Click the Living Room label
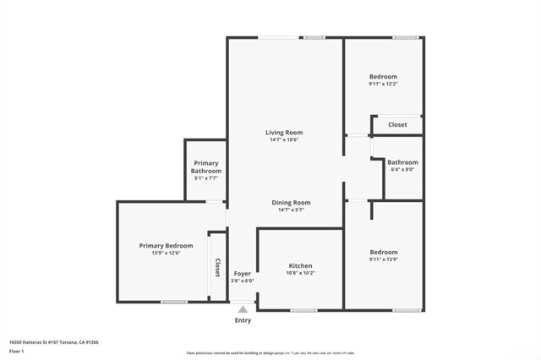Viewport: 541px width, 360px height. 284,133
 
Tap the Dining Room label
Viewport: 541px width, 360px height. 291,203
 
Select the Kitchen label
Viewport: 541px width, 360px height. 301,265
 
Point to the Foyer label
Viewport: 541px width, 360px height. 242,273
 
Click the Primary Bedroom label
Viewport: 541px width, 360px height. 166,246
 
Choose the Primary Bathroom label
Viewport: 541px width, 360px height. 205,167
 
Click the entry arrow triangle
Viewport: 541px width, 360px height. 243,309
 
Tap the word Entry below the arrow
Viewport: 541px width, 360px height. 243,320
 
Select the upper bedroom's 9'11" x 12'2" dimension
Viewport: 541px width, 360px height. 383,85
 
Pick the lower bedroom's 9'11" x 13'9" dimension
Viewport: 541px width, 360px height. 383,259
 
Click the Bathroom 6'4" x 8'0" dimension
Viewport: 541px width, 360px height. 402,169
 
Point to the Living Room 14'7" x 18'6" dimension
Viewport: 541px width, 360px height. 284,140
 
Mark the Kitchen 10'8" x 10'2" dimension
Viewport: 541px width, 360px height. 301,273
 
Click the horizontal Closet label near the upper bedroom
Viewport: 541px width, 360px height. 397,125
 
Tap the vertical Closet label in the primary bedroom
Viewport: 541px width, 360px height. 217,267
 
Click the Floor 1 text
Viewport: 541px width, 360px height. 17,351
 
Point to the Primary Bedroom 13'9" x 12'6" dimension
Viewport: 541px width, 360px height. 166,254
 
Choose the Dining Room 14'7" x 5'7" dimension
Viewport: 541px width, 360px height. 291,210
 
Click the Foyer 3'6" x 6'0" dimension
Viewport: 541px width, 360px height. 242,281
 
